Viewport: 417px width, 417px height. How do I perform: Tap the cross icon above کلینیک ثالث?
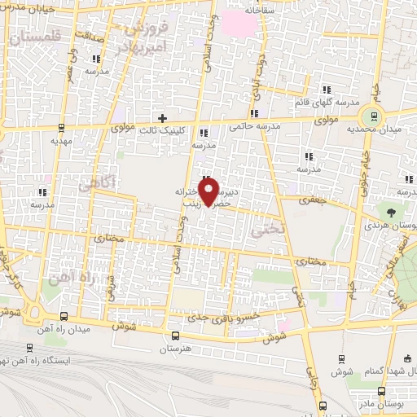[163, 118]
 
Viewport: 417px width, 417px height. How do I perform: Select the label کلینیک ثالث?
[164, 130]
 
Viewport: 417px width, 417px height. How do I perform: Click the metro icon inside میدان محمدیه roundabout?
[373, 116]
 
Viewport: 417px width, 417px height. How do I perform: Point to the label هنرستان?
[175, 348]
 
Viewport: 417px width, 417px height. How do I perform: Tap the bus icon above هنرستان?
[175, 336]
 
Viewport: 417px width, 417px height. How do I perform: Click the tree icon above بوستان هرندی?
[392, 212]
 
